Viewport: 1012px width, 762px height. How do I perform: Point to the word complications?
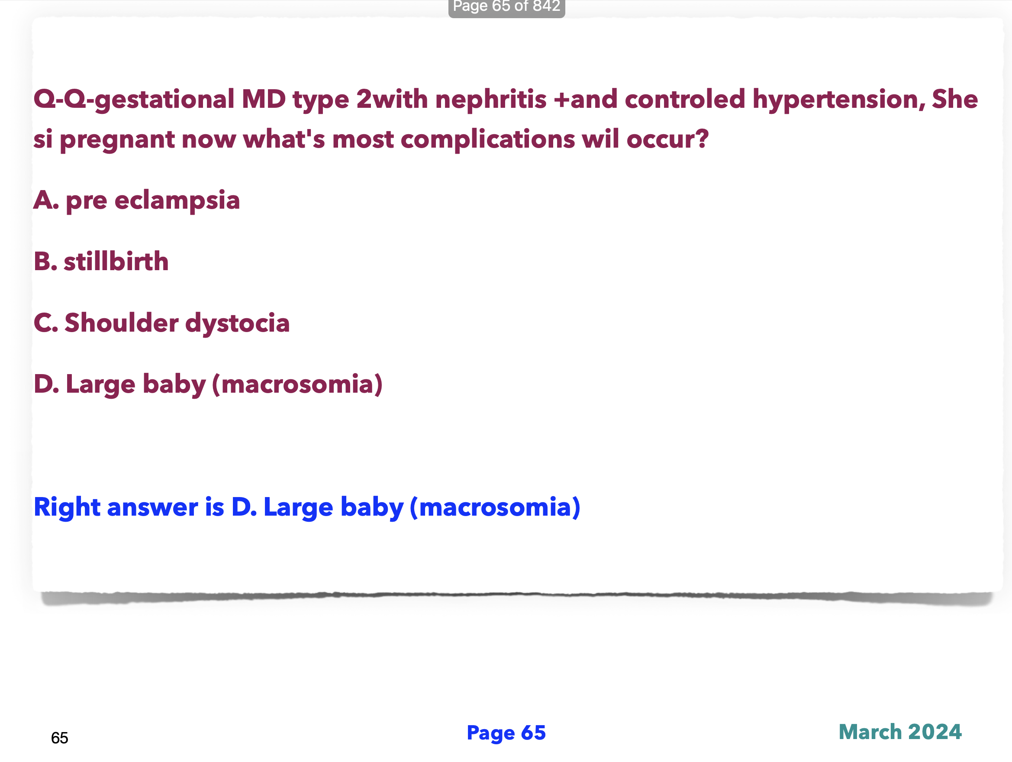[x=487, y=139]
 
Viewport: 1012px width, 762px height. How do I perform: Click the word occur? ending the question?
[x=667, y=139]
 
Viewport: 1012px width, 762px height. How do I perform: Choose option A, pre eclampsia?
[x=137, y=200]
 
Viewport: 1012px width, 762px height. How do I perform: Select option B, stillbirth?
[x=101, y=262]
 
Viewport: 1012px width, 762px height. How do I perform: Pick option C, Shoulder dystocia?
[x=161, y=323]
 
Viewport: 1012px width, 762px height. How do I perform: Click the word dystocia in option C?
[x=238, y=323]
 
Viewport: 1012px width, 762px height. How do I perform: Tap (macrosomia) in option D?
[x=297, y=384]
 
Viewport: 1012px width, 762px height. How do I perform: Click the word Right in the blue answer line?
[x=67, y=508]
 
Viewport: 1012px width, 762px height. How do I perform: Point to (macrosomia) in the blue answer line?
[x=495, y=507]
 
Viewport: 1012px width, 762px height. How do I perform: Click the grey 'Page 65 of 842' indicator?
[x=506, y=6]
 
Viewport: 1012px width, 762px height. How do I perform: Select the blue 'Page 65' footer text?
[x=506, y=733]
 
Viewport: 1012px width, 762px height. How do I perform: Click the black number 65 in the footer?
[x=59, y=738]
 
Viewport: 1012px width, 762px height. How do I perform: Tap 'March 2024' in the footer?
[x=900, y=732]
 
